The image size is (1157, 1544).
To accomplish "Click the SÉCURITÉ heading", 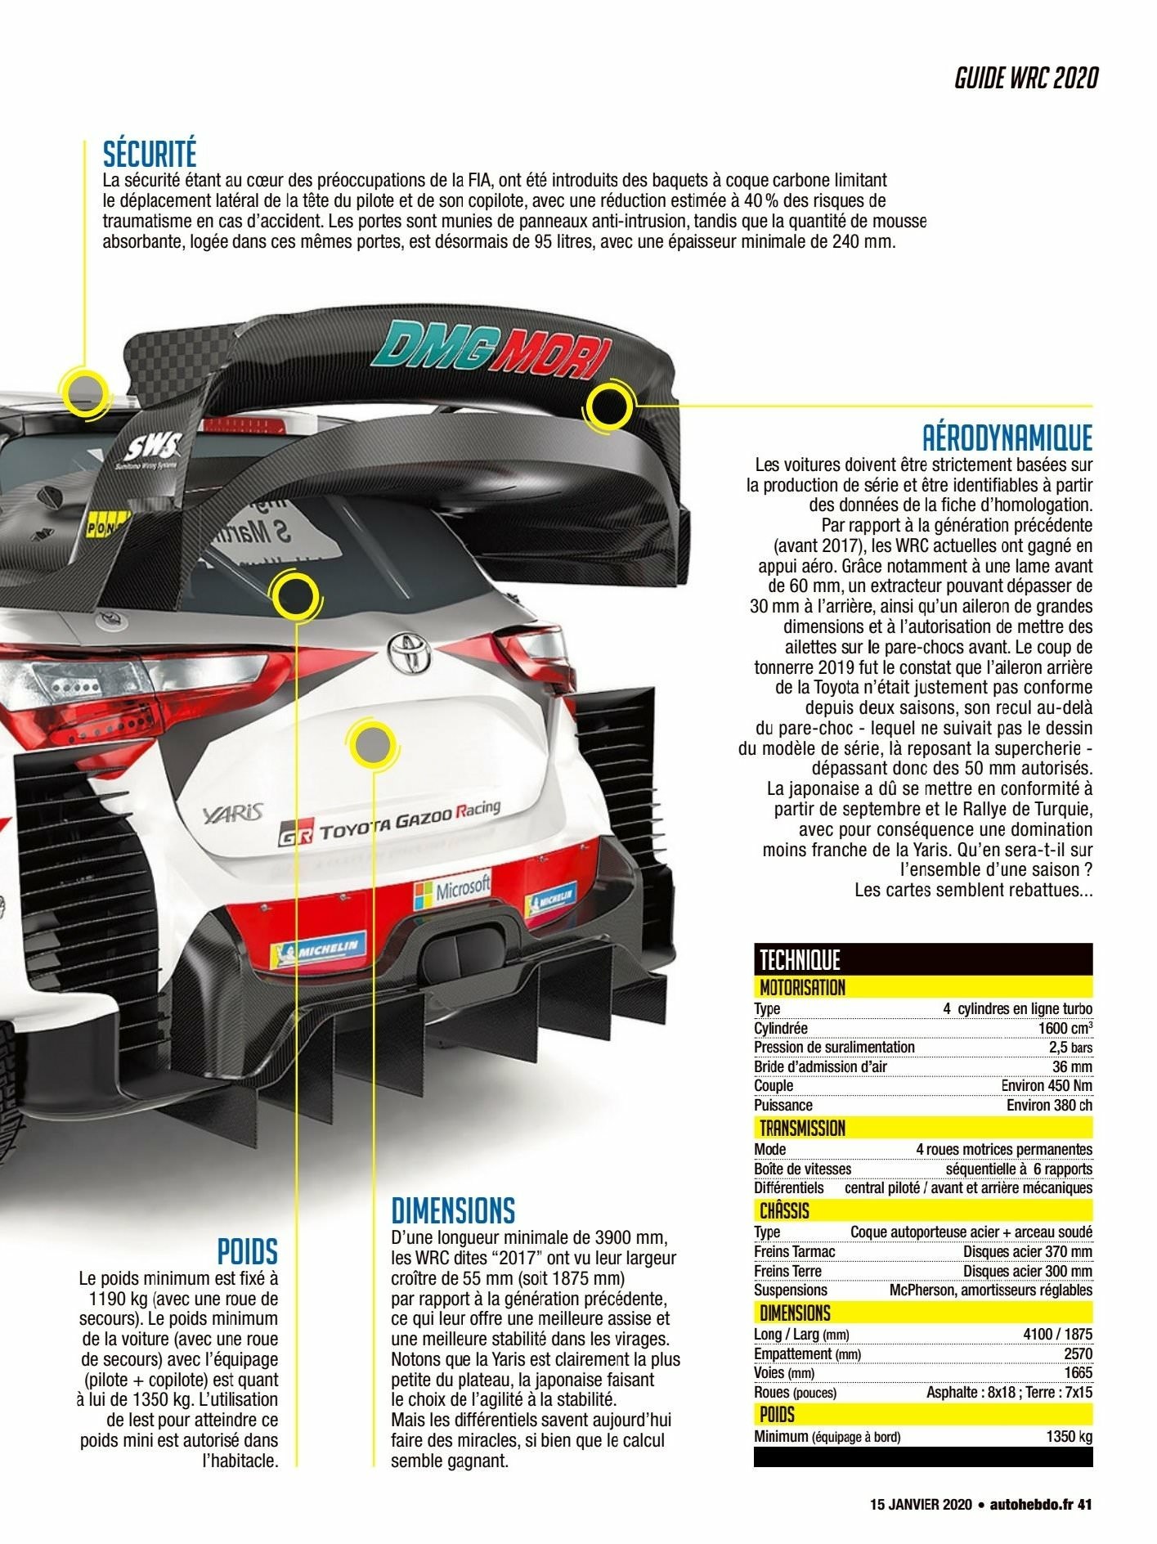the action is (150, 154).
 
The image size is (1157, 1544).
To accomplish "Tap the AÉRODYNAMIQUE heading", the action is (1007, 438).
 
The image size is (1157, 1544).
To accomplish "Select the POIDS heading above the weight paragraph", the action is (248, 1251).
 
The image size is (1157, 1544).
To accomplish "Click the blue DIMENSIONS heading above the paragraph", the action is (453, 1210).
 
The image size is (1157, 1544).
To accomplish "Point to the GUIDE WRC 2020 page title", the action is (1026, 79).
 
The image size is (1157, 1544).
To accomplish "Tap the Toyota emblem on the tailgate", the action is (409, 652).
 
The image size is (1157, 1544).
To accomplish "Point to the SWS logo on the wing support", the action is (152, 447).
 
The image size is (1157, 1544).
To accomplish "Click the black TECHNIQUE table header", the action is (923, 958).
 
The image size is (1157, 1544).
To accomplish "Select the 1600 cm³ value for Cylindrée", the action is (1065, 1028).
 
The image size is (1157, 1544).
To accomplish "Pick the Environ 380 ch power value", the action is (1049, 1105).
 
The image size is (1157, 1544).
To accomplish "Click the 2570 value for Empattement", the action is (1078, 1353).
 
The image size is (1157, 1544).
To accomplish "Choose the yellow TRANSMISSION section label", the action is (802, 1129).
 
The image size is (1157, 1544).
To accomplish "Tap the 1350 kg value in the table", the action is (1069, 1436).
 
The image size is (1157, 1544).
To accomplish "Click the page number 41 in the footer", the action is (1084, 1504).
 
